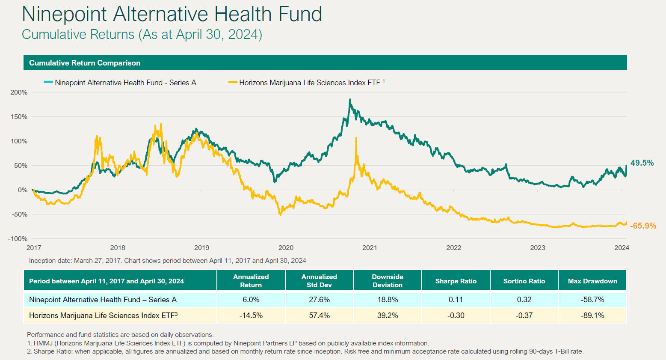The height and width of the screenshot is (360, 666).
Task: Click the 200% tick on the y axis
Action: [x=18, y=92]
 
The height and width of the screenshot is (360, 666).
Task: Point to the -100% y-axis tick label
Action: [x=18, y=239]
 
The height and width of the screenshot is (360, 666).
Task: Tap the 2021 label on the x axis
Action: [x=370, y=248]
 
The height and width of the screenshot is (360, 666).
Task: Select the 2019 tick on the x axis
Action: [x=201, y=248]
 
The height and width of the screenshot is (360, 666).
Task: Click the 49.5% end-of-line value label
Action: [x=642, y=163]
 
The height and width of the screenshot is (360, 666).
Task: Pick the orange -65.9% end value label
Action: [x=643, y=226]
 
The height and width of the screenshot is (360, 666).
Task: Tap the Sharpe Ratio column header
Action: [x=456, y=281]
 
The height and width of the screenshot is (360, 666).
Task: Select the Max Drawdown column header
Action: [x=592, y=281]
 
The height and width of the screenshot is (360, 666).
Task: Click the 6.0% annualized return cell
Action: [x=251, y=300]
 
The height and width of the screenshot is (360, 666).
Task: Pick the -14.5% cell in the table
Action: [x=251, y=315]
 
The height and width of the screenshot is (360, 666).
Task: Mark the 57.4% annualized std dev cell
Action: [x=319, y=315]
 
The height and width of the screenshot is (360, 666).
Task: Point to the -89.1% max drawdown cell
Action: [x=592, y=315]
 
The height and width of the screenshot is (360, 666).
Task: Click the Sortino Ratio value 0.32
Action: [x=524, y=300]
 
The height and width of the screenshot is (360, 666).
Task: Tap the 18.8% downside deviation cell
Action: [x=388, y=300]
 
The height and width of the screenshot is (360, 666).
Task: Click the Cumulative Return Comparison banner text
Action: [x=85, y=63]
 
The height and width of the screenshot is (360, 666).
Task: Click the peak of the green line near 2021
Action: [x=350, y=100]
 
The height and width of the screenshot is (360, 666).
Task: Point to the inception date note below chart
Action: [x=167, y=261]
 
